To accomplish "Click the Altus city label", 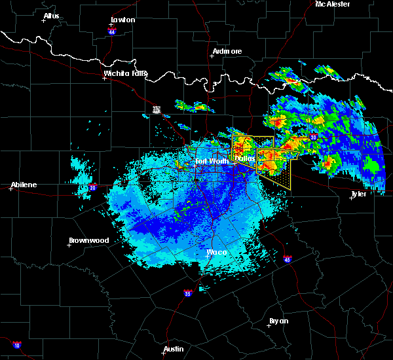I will [51, 16].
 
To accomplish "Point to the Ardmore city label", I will [227, 51].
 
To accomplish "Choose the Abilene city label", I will [23, 185].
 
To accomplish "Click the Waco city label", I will [216, 252].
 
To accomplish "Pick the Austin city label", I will [174, 349].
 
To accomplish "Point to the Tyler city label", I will [358, 194].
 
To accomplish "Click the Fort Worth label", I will [211, 161].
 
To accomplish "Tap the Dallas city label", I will [245, 158].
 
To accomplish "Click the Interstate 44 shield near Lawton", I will [112, 30].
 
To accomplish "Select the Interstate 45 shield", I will [288, 260].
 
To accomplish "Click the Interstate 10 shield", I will [16, 345].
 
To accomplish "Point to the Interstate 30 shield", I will [313, 137].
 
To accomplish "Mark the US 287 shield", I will [157, 110].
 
